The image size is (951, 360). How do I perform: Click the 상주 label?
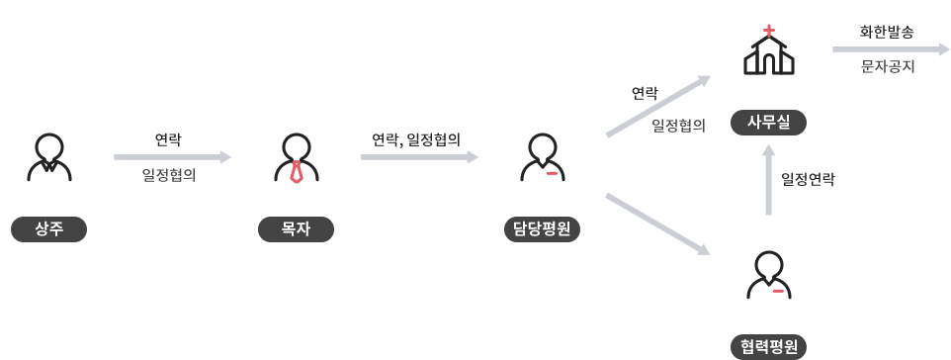pyautogui.click(x=48, y=229)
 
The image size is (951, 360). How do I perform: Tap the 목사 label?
pyautogui.click(x=296, y=229)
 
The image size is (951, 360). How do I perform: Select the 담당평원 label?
pyautogui.click(x=542, y=229)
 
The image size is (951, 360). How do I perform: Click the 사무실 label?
pyautogui.click(x=768, y=123)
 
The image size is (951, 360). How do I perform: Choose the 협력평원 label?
pyautogui.click(x=768, y=347)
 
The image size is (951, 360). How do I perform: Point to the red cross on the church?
pyautogui.click(x=768, y=31)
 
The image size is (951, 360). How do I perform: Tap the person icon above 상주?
pyautogui.click(x=48, y=156)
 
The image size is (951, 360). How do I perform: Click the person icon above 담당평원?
pyautogui.click(x=542, y=156)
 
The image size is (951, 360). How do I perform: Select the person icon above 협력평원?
pyautogui.click(x=768, y=274)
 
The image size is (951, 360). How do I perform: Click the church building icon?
pyautogui.click(x=768, y=55)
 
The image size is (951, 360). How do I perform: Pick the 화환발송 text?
pyautogui.click(x=887, y=32)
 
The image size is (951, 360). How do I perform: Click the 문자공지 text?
pyautogui.click(x=887, y=66)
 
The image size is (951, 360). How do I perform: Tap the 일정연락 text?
pyautogui.click(x=808, y=179)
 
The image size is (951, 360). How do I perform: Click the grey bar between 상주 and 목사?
pyautogui.click(x=173, y=157)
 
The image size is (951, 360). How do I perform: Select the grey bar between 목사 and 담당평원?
pyautogui.click(x=420, y=157)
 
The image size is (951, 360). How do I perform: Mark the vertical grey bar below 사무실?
pyautogui.click(x=768, y=179)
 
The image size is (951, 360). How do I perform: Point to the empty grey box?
pyautogui.click(x=657, y=224)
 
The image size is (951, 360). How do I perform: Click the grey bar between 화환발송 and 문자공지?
pyautogui.click(x=891, y=49)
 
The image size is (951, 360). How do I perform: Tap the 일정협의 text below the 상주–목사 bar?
pyautogui.click(x=168, y=175)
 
